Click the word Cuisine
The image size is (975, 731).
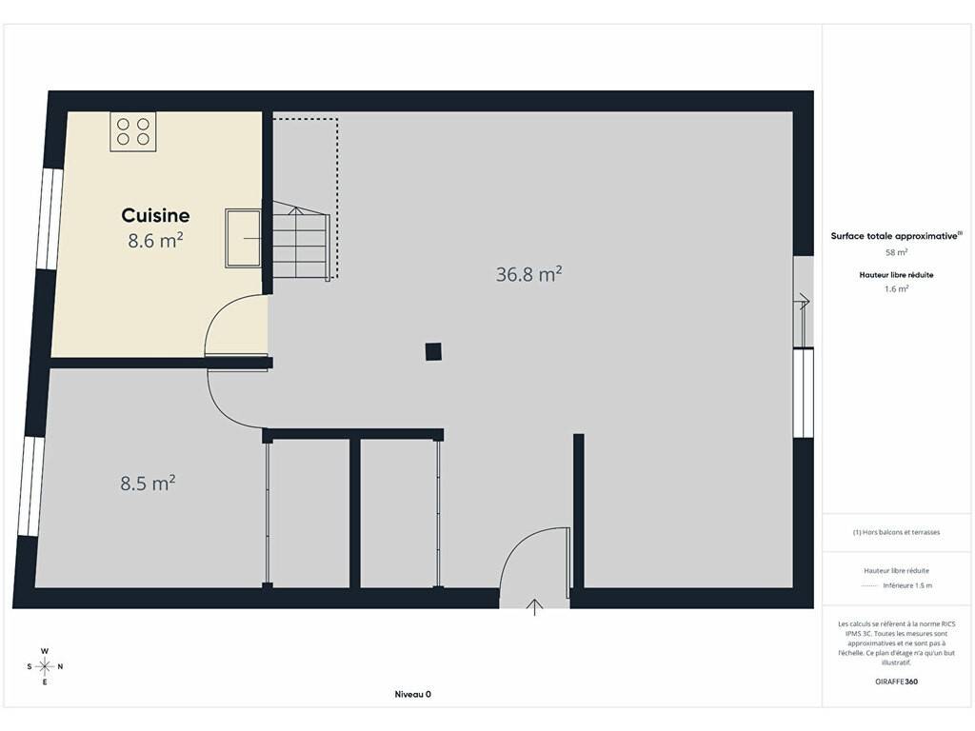[155, 215]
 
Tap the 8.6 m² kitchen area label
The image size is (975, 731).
[155, 240]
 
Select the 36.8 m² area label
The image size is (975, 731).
[529, 274]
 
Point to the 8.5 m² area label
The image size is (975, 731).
[148, 483]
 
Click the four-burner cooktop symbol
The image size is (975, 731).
[133, 131]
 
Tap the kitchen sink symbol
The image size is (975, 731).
[243, 238]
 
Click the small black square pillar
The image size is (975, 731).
[433, 352]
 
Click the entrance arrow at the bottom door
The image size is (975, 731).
[535, 606]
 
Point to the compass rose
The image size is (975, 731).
[45, 666]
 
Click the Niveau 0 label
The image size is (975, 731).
[413, 694]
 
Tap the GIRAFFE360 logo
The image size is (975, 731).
[896, 682]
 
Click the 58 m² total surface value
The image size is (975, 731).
[896, 252]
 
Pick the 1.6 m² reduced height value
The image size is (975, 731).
[896, 289]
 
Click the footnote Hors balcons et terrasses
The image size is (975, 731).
[896, 532]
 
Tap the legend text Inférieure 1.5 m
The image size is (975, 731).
[907, 585]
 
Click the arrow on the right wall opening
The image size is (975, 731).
[804, 302]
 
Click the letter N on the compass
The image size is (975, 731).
[60, 666]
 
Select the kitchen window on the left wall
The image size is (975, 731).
[50, 219]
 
